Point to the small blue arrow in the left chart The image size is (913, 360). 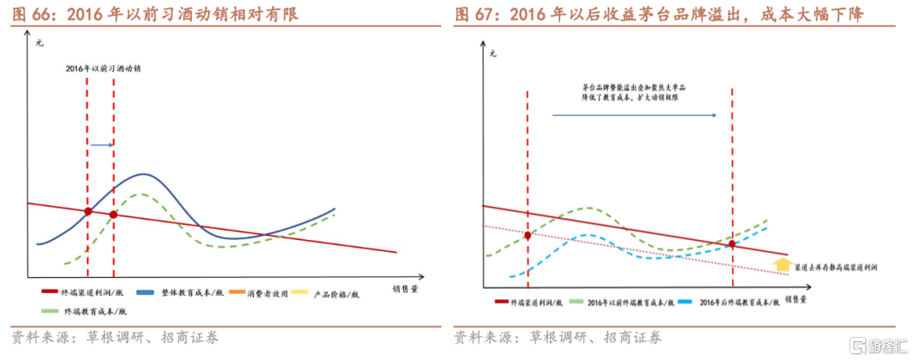tap(101, 145)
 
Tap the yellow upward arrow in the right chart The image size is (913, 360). tap(782, 265)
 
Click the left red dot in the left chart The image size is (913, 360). tap(88, 211)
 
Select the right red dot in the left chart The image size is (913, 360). tap(113, 215)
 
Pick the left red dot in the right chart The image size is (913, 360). tap(527, 235)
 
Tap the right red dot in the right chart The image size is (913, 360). tap(732, 244)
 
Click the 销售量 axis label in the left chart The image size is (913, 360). tap(404, 288)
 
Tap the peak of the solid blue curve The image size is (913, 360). tap(144, 174)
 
